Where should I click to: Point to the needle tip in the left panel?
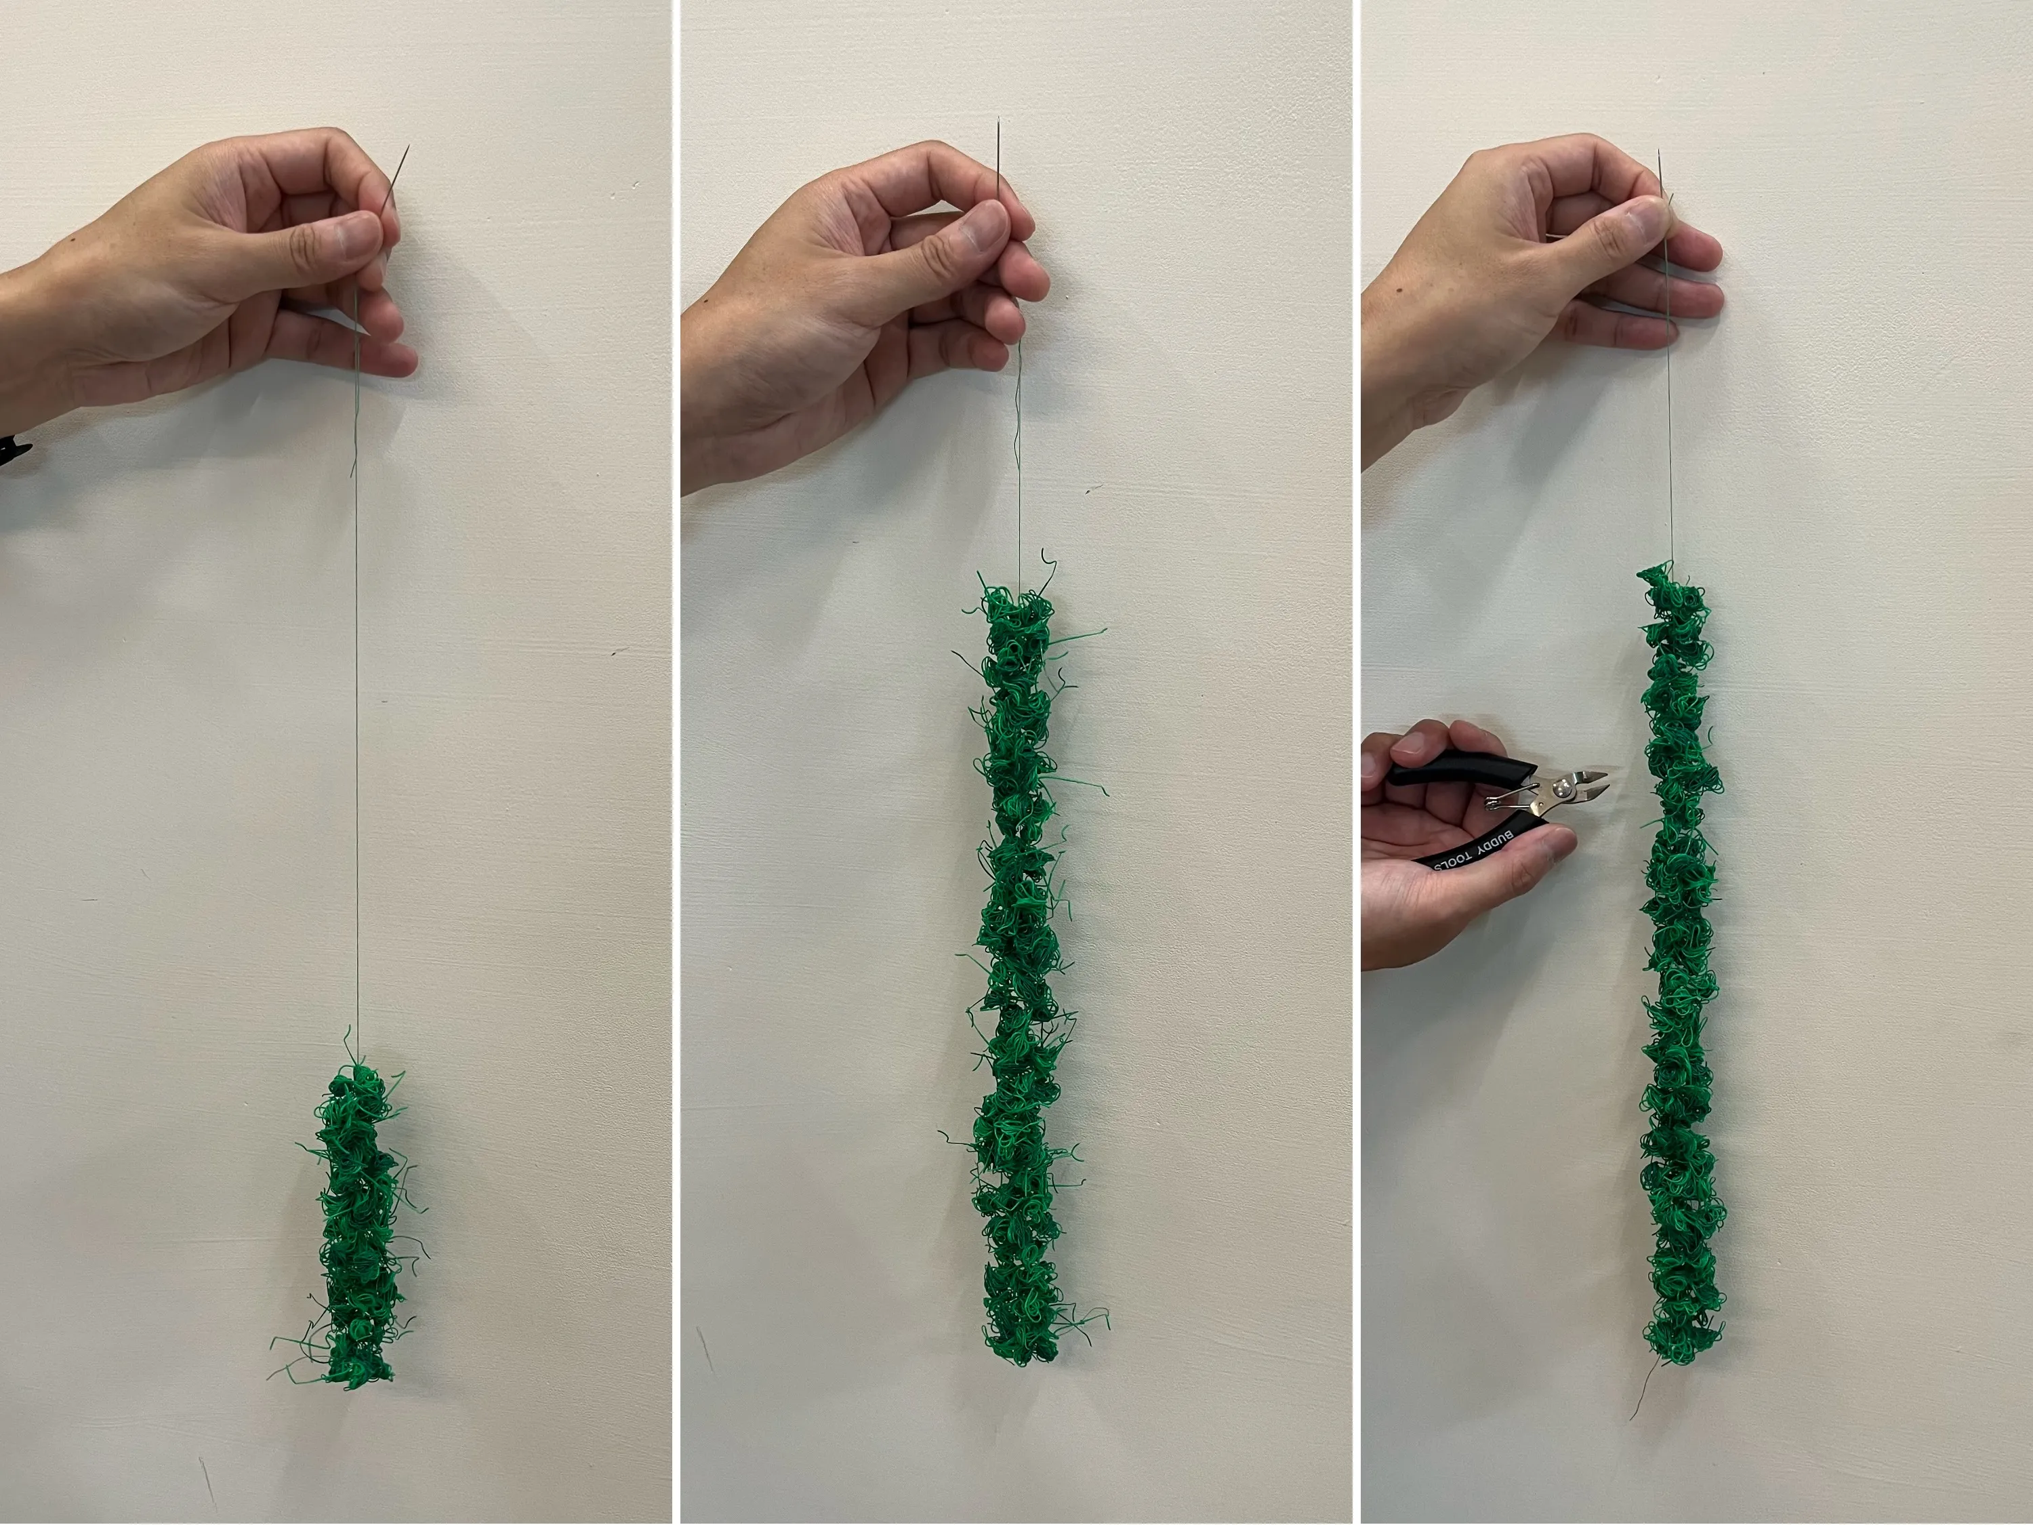pyautogui.click(x=407, y=145)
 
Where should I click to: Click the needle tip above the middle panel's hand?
pyautogui.click(x=998, y=119)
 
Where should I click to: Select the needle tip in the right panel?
pyautogui.click(x=1659, y=150)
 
